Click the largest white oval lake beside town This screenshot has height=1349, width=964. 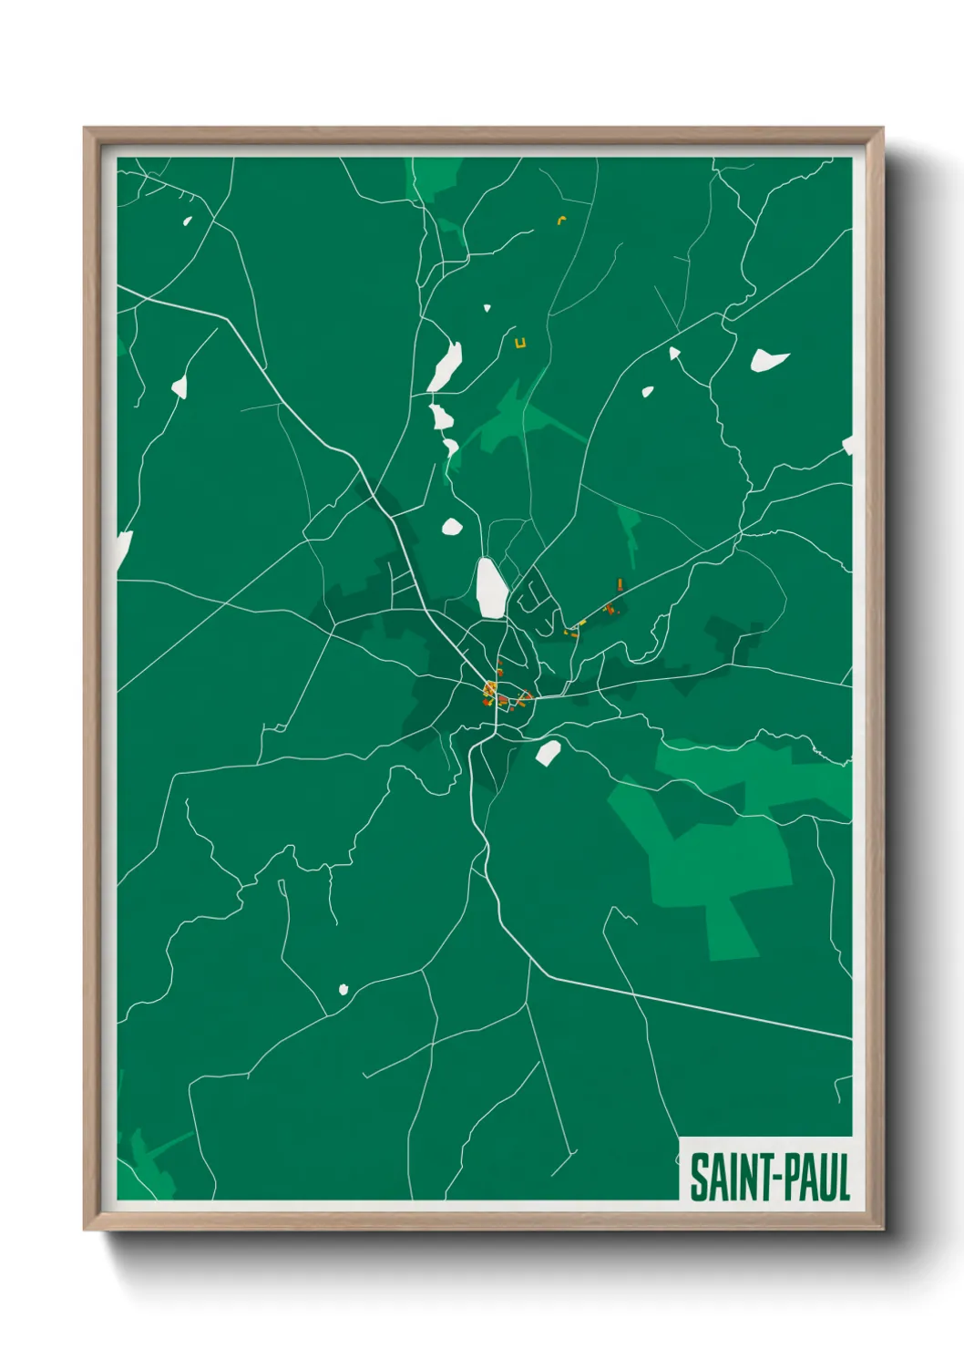click(490, 588)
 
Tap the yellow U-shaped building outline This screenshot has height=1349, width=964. click(520, 344)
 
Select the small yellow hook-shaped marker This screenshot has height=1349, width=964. click(562, 219)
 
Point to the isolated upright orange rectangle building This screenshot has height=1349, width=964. click(620, 582)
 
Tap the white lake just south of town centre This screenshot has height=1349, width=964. click(548, 753)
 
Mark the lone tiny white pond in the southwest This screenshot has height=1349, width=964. click(344, 989)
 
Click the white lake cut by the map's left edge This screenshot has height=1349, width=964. click(124, 551)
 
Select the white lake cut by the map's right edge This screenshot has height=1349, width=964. click(847, 445)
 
